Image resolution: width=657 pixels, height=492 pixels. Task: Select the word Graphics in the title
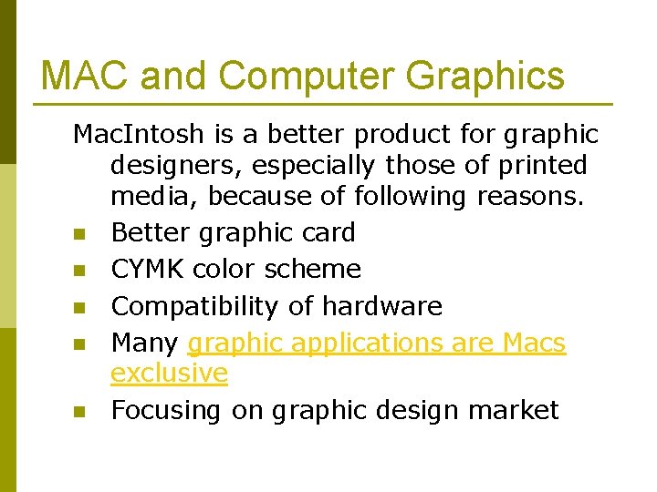[485, 76]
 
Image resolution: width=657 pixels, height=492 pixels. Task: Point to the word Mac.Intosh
[137, 135]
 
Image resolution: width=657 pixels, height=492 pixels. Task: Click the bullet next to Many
[78, 345]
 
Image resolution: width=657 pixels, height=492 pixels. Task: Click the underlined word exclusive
[169, 373]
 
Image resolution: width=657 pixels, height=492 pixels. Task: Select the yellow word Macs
[535, 343]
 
